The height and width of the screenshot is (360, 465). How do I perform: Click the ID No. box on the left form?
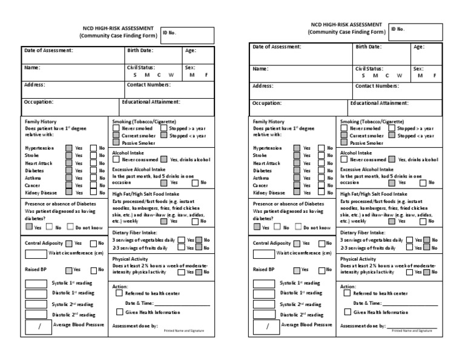(x=186, y=36)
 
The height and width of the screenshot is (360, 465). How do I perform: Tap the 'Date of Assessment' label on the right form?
(x=277, y=47)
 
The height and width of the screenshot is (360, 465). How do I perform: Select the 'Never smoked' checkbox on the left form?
(x=116, y=128)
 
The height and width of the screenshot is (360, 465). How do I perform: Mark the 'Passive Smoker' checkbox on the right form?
(x=345, y=143)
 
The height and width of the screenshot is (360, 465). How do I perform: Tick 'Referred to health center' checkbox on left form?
(x=119, y=293)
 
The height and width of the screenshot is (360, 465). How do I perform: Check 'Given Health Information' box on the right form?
(x=347, y=312)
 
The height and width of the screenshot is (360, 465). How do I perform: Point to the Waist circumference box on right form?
(x=263, y=253)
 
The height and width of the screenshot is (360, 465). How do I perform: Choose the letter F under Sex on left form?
(x=206, y=75)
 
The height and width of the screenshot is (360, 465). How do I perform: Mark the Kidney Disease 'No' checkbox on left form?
(x=93, y=192)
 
